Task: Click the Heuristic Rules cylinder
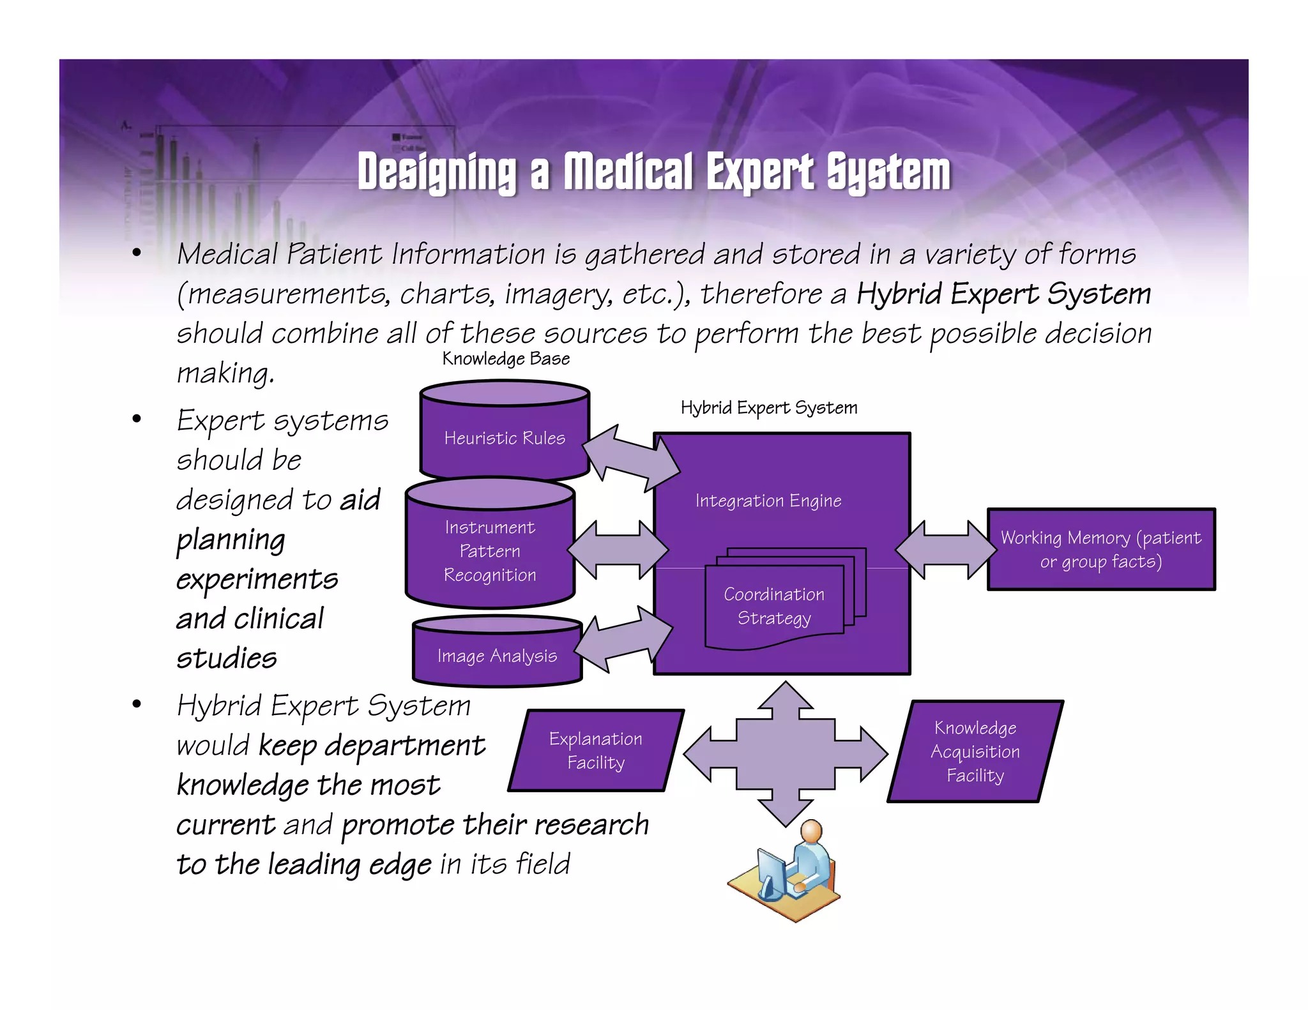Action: tap(505, 438)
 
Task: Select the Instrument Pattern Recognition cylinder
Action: tap(490, 551)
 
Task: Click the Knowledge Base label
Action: tap(506, 359)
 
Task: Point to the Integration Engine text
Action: tap(768, 501)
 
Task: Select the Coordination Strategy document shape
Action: tap(774, 607)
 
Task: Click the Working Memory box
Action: tap(1101, 550)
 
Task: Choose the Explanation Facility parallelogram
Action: tap(596, 751)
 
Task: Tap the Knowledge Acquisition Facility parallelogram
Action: tap(975, 751)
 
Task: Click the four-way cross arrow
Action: tap(786, 754)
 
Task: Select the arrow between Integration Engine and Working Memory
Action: tap(947, 550)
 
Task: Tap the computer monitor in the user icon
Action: tap(772, 870)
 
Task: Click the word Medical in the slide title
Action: tap(628, 172)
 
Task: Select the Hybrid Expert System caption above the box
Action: tap(769, 407)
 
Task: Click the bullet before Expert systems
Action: tap(136, 419)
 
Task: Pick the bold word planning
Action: tap(231, 540)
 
